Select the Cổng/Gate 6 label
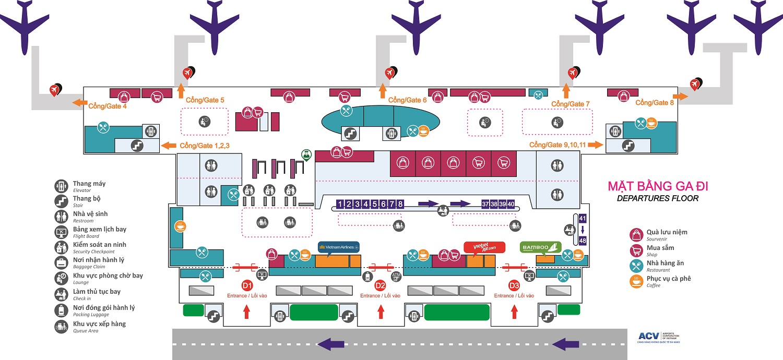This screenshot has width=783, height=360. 408,100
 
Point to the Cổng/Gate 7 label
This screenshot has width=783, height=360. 571,104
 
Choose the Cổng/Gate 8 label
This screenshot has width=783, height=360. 655,103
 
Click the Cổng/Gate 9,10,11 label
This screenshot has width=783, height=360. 558,145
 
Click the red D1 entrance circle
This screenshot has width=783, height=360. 247,285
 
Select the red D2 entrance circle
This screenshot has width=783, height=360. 381,285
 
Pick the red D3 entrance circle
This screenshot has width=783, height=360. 514,285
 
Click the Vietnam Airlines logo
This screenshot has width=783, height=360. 339,247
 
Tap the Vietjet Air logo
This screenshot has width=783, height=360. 484,247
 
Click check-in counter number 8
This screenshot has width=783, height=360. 400,204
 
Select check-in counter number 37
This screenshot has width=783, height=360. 485,204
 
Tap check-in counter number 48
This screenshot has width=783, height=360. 583,241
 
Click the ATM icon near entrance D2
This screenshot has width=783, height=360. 396,276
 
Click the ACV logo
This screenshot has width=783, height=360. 647,337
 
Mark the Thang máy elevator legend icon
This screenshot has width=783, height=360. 62,186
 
